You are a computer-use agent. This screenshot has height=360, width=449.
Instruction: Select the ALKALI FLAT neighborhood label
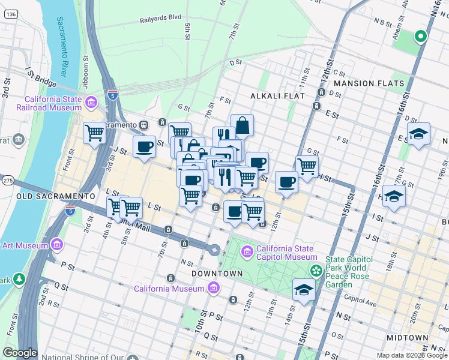277,96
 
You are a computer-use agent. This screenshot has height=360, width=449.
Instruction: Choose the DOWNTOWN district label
217,274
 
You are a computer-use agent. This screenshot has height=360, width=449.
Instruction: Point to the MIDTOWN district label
407,338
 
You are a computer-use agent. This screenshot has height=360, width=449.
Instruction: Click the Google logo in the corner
20,353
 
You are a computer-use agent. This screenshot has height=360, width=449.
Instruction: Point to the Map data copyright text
412,355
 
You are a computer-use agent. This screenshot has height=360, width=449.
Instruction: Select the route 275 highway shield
8,180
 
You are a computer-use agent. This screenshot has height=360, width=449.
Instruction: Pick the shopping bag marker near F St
242,125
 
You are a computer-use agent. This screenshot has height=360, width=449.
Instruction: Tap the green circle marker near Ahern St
421,37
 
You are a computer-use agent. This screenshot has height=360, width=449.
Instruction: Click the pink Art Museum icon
56,245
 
